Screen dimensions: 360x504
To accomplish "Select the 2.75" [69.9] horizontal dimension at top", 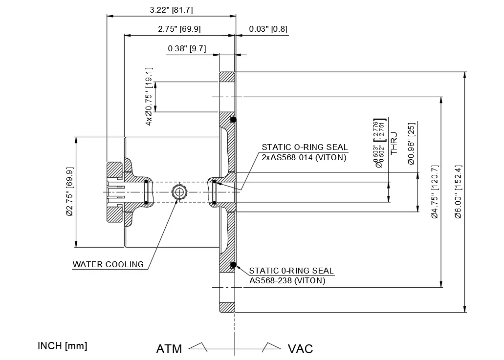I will pos(179,29).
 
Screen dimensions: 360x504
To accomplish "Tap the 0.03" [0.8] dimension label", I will pos(268,29).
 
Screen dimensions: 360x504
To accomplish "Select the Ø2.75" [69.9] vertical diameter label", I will pos(69,192).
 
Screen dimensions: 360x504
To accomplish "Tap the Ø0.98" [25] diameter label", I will pos(411,144).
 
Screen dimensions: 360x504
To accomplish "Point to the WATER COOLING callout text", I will pos(108,265).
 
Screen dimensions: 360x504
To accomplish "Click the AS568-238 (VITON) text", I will pos(287,280).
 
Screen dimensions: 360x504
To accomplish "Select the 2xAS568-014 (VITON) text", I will pos(304,157).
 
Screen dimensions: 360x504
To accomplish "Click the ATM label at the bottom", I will pos(169,349).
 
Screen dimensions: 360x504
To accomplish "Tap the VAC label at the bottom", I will pos(300,349).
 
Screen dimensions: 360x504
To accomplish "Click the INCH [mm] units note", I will pos(62,346).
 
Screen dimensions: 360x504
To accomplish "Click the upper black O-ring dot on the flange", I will pos(234,120).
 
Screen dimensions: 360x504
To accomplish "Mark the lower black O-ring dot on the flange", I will pos(234,265).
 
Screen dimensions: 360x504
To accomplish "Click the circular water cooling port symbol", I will pos(179,192).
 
